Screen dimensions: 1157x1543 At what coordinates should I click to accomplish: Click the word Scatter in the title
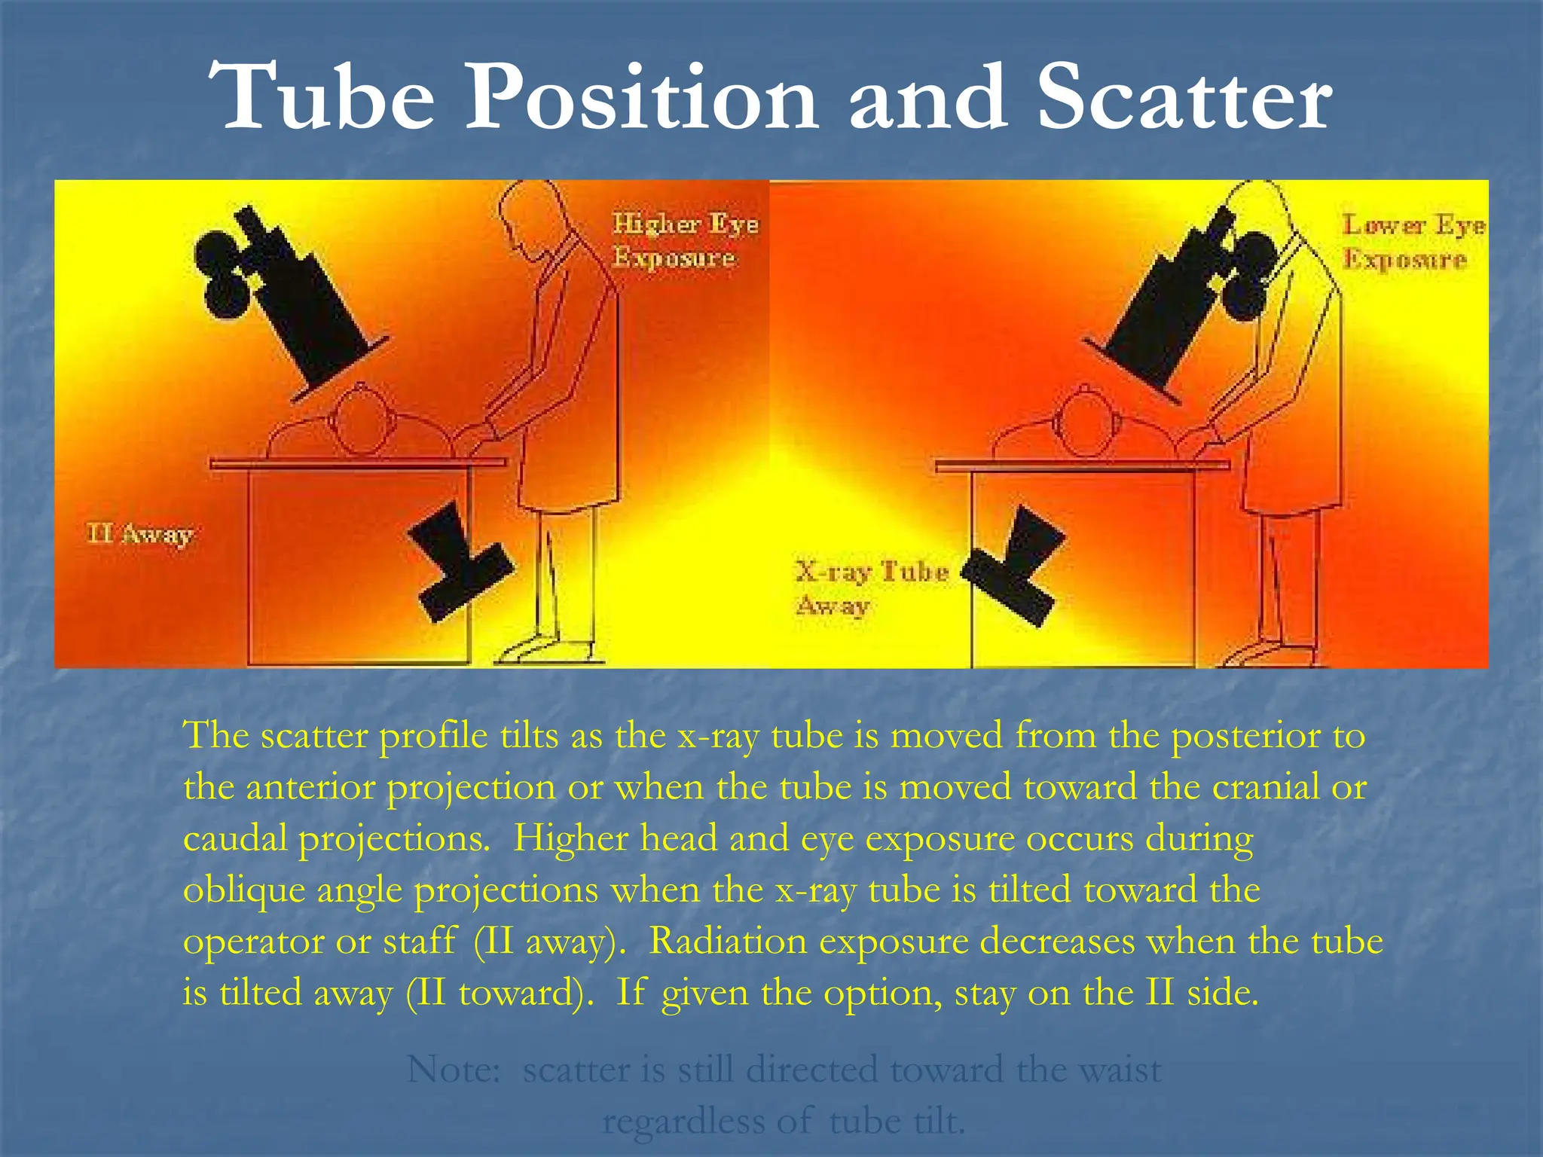pyautogui.click(x=1184, y=99)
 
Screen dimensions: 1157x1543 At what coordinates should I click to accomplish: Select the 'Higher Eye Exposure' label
pyautogui.click(x=684, y=240)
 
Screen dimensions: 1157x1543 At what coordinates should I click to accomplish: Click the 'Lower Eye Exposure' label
pyautogui.click(x=1413, y=242)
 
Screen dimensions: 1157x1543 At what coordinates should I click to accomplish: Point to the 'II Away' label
pyautogui.click(x=140, y=535)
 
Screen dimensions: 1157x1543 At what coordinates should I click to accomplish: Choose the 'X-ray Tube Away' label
pyautogui.click(x=871, y=588)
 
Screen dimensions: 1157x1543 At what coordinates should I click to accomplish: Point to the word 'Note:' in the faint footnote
pyautogui.click(x=454, y=1070)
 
